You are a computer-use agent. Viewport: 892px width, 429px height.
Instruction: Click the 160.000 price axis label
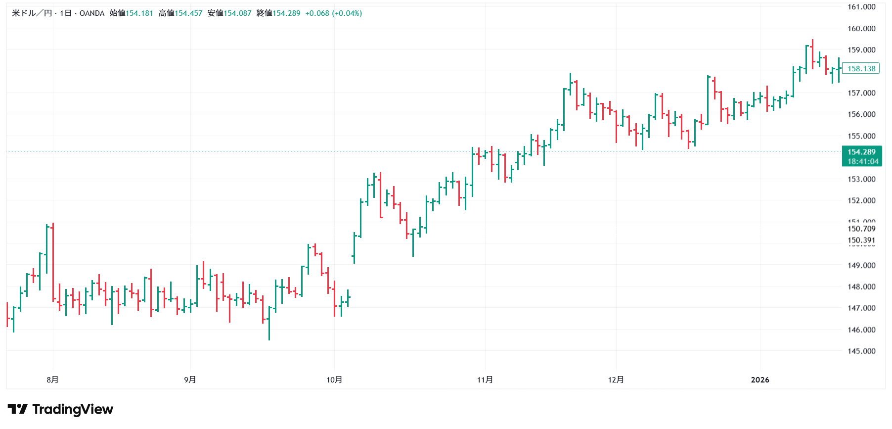click(861, 28)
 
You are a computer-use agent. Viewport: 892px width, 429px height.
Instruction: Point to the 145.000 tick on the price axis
click(861, 351)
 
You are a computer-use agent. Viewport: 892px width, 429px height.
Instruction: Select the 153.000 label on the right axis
click(861, 179)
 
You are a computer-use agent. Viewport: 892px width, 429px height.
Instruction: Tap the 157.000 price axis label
click(861, 93)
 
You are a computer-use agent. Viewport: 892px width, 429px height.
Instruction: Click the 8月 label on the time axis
click(52, 380)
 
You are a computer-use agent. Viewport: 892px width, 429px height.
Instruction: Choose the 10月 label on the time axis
click(334, 380)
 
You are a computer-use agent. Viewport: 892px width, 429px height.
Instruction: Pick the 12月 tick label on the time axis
click(616, 380)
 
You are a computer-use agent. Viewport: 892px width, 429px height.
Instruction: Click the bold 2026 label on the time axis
click(760, 380)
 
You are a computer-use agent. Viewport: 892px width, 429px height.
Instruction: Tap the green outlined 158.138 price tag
click(861, 69)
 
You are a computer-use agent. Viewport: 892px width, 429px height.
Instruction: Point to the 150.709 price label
click(861, 229)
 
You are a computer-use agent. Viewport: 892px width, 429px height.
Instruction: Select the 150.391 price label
click(861, 240)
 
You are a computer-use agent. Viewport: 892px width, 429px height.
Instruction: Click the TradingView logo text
click(73, 409)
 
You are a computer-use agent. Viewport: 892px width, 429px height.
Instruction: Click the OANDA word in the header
click(92, 13)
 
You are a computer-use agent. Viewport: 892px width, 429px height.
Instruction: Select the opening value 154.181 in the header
click(139, 13)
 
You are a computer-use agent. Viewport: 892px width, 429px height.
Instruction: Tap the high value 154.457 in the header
click(188, 13)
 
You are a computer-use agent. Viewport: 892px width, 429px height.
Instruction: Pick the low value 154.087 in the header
click(237, 13)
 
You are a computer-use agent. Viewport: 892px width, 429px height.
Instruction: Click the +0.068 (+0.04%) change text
click(333, 13)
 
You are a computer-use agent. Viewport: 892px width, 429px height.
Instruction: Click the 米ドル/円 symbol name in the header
click(32, 13)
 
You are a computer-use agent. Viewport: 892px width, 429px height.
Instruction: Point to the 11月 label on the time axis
click(485, 380)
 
